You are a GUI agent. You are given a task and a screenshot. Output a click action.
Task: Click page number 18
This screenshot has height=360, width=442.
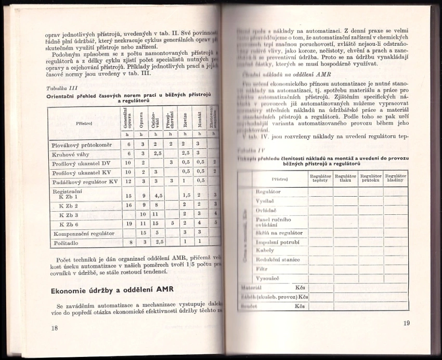[x=55, y=328]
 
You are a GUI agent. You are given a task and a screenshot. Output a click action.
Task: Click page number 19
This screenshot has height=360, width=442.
[x=407, y=323]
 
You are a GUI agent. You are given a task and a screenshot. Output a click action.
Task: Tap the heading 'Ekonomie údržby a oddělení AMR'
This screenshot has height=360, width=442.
[x=111, y=290]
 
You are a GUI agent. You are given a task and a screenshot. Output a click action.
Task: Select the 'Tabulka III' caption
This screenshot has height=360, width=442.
[x=62, y=89]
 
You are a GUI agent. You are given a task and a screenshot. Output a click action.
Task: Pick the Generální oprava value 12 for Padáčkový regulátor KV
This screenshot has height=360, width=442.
[x=128, y=181]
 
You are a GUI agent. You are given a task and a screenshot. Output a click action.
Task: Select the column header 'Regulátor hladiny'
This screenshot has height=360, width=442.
[x=396, y=178]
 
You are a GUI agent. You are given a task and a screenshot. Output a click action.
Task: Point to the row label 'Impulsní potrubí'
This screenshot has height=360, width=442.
[x=278, y=242]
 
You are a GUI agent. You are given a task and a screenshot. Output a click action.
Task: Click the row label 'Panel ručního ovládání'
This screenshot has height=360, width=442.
[x=275, y=222]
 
